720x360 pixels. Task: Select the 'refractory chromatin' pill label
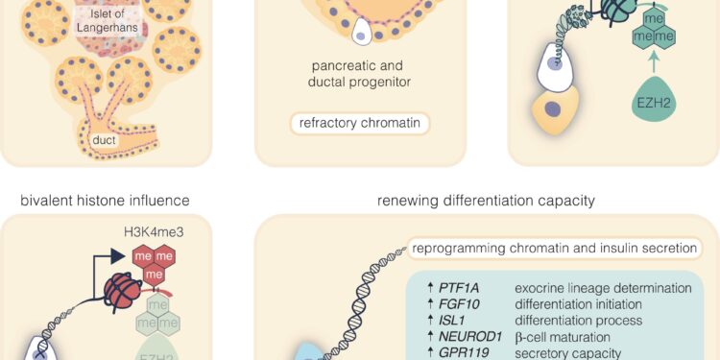click(x=360, y=123)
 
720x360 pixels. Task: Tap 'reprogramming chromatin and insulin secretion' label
click(x=555, y=248)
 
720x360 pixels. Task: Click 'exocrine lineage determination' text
click(x=603, y=288)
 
